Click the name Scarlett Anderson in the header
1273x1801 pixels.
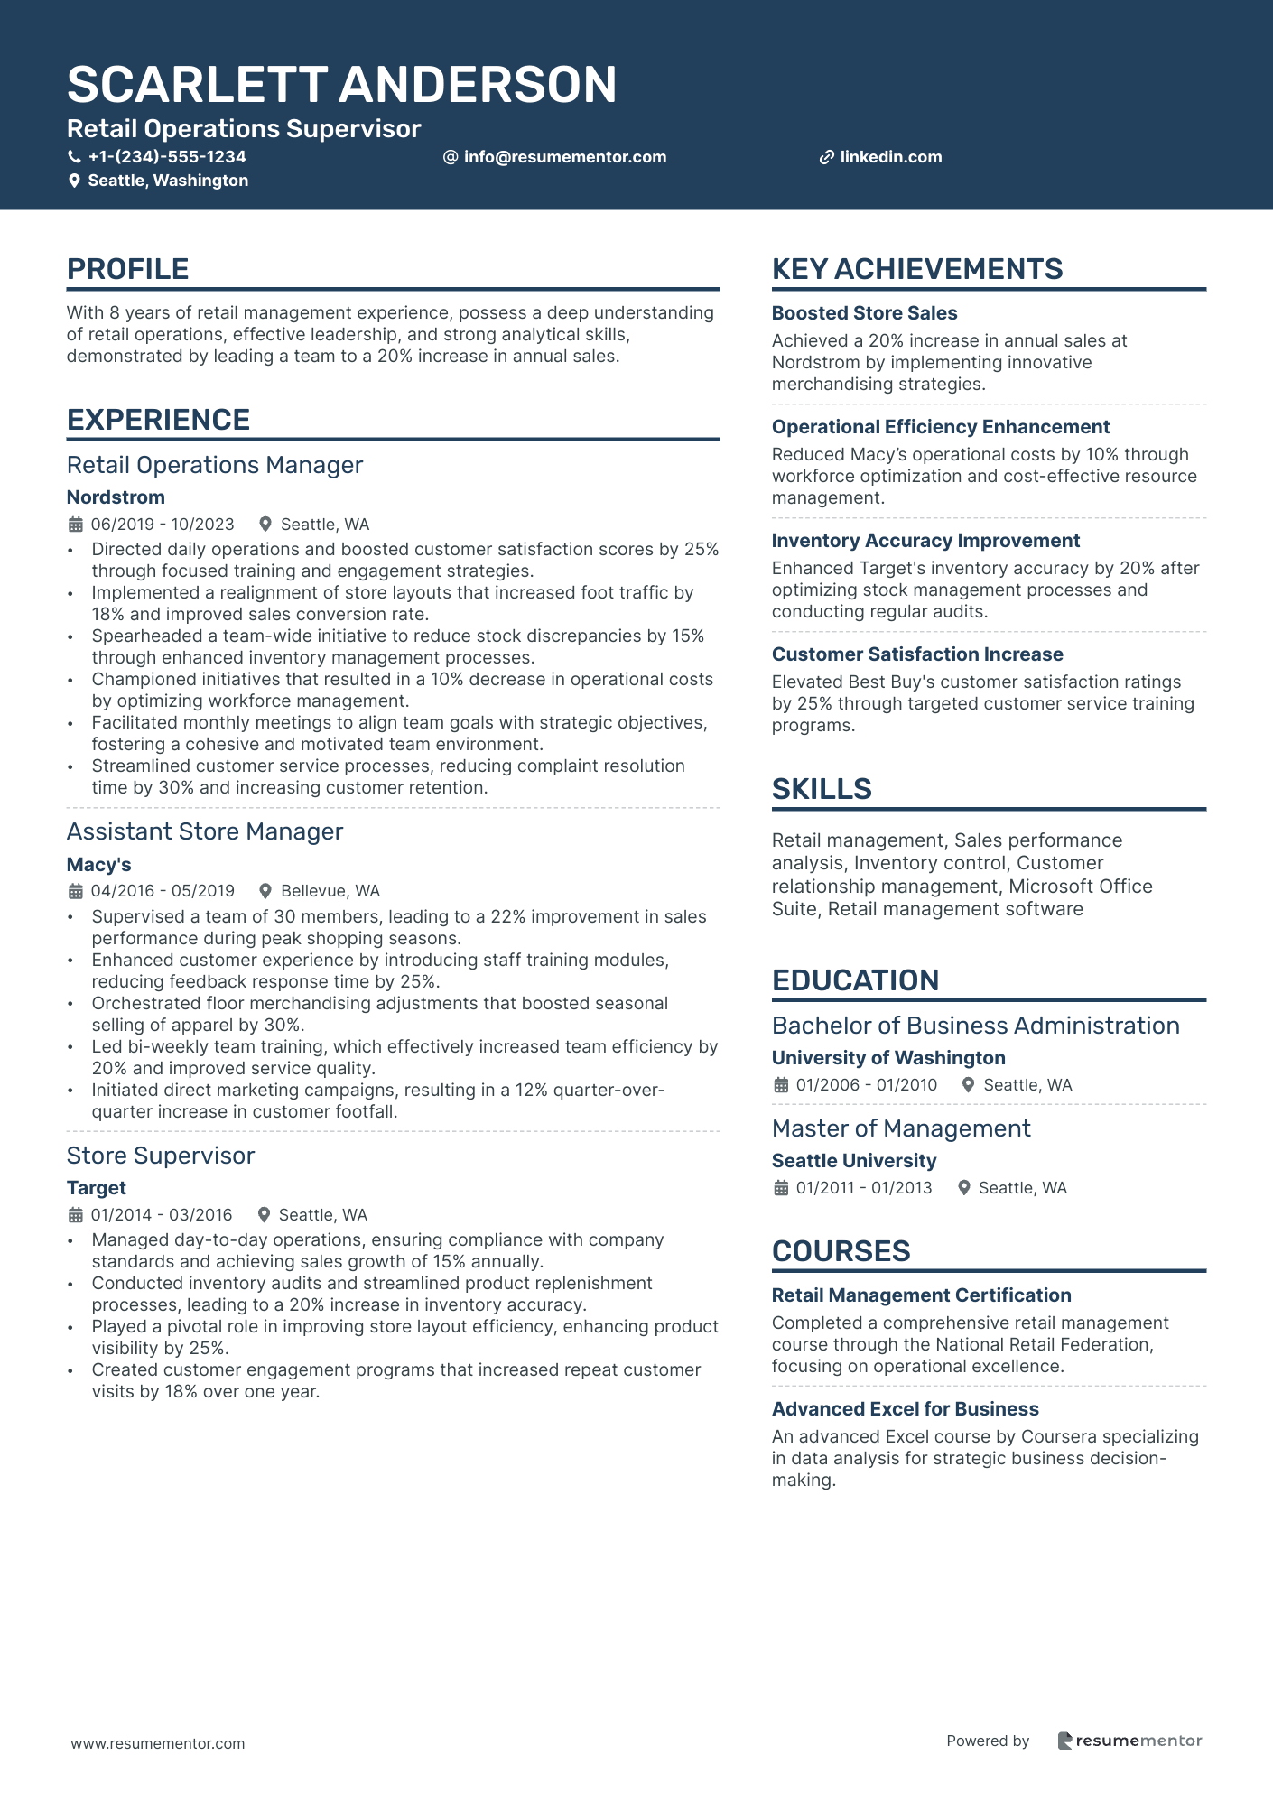point(341,85)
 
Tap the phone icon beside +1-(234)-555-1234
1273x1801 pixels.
point(74,157)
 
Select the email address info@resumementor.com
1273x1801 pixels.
point(564,157)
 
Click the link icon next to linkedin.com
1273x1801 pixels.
point(826,157)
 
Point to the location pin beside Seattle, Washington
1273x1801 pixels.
point(74,181)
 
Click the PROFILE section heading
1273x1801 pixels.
point(127,269)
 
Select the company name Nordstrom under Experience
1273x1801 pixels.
point(116,497)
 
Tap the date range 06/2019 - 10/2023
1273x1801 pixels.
point(163,525)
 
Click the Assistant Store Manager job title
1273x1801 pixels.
point(205,831)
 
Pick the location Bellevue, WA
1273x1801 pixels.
point(330,891)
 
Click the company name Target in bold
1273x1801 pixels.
point(97,1188)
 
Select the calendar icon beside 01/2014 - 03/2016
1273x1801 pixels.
point(75,1215)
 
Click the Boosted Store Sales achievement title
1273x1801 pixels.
point(864,313)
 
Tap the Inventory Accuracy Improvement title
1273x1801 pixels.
point(925,541)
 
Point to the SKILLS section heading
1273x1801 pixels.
point(822,789)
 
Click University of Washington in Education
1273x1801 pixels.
point(888,1058)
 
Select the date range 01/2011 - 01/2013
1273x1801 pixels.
point(864,1188)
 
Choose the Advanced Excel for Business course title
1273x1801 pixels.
point(905,1409)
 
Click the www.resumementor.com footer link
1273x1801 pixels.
point(158,1743)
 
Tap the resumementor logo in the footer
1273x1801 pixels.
point(1129,1741)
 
